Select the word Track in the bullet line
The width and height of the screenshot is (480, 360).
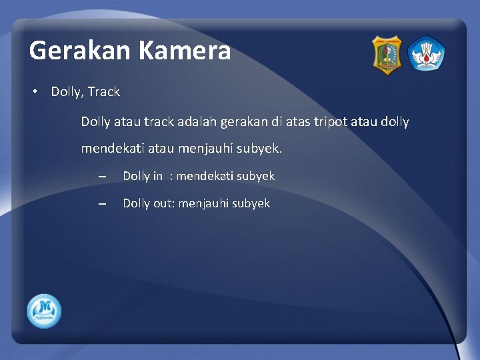[x=103, y=92]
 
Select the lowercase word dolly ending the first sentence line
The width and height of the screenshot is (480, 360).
[x=393, y=122]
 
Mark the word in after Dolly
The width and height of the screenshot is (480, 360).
[x=157, y=176]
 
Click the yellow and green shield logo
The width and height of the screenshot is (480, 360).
[x=387, y=55]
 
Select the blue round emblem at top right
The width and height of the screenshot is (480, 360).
[x=426, y=54]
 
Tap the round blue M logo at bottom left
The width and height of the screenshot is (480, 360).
[x=45, y=311]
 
